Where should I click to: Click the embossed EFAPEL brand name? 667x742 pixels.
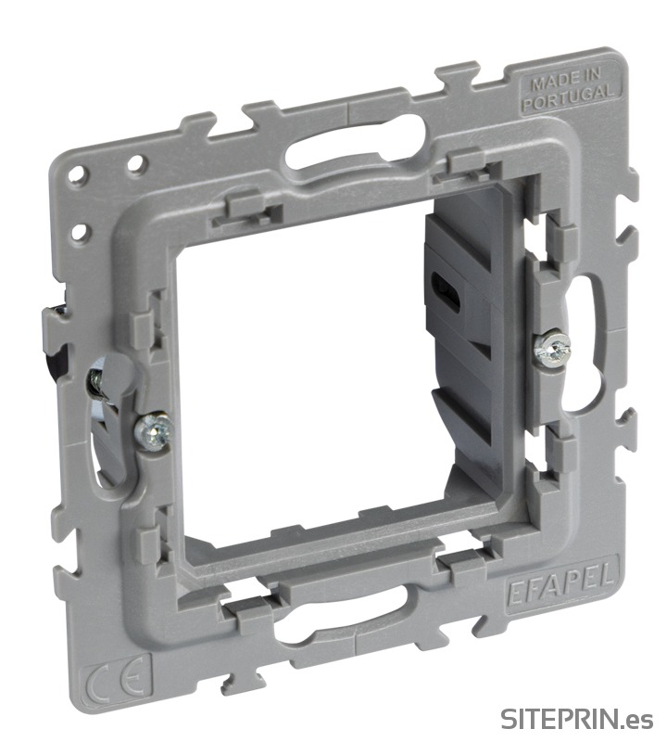tap(562, 584)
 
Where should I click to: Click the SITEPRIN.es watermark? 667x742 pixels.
tap(577, 719)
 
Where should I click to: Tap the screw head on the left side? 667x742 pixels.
tap(153, 430)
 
